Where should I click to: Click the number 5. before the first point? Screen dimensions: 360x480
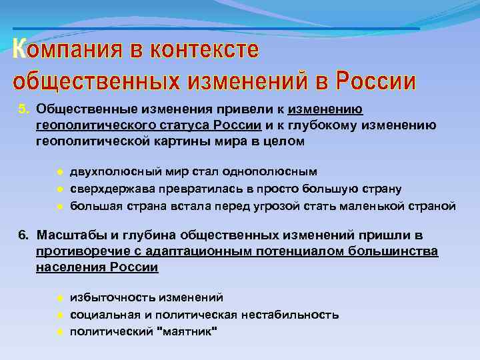click(x=23, y=109)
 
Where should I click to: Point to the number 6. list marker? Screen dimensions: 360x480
click(x=23, y=235)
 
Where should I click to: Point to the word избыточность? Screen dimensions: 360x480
click(x=106, y=298)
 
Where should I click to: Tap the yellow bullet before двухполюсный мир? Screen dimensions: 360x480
click(x=59, y=173)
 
